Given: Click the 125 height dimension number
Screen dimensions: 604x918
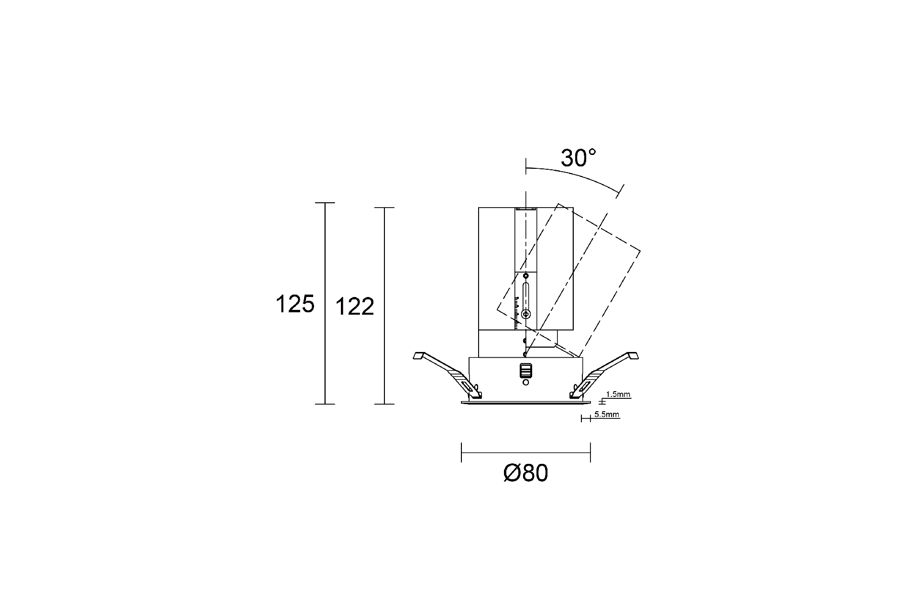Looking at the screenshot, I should coord(295,304).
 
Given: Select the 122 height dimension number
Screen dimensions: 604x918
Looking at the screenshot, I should coord(354,307).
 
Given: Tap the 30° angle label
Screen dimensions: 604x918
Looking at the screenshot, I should coord(579,158).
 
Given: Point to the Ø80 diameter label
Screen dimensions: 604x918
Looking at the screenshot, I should coord(525,473).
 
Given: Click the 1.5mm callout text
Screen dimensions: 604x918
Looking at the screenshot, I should coord(618,395).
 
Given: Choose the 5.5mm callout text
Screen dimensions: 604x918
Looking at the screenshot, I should coord(607,415).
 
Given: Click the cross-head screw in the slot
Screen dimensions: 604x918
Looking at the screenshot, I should coord(526,314).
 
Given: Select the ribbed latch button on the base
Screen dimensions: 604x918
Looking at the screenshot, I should coord(526,371).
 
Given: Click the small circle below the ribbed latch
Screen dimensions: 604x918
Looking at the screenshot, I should coord(526,382).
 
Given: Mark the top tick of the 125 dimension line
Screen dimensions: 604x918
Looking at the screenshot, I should coord(325,203).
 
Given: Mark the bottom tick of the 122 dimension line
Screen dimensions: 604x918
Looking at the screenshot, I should coord(384,404).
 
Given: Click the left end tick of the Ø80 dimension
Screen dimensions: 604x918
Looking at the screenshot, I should coord(461,452).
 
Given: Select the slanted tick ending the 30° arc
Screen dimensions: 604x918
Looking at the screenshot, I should coord(620,191).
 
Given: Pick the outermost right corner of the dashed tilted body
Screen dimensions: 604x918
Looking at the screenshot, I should coord(640,251).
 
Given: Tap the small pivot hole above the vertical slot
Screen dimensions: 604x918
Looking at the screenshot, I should coord(526,276).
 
